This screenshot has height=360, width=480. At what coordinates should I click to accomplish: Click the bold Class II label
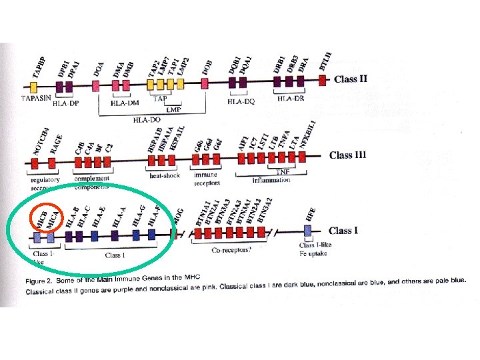pos(350,79)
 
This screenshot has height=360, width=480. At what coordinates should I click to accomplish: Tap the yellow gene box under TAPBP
pos(35,86)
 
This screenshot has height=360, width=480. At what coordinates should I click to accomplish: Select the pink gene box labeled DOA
pos(96,85)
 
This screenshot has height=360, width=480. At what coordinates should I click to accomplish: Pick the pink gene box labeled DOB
pos(205,83)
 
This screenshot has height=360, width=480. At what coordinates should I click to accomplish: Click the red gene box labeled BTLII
pos(323,80)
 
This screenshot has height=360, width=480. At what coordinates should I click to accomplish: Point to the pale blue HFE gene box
pos(307,231)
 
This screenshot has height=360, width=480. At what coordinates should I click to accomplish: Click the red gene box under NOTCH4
pos(35,162)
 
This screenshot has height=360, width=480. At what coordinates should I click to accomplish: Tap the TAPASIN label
pos(37,98)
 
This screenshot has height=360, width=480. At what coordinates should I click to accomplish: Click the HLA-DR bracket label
pos(291,99)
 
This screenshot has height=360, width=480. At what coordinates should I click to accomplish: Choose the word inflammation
pos(272,180)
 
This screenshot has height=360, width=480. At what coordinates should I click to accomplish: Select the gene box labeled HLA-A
pos(116,235)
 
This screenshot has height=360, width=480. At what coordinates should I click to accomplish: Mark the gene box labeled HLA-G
pos(136,235)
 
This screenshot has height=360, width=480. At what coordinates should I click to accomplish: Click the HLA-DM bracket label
pos(124,103)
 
